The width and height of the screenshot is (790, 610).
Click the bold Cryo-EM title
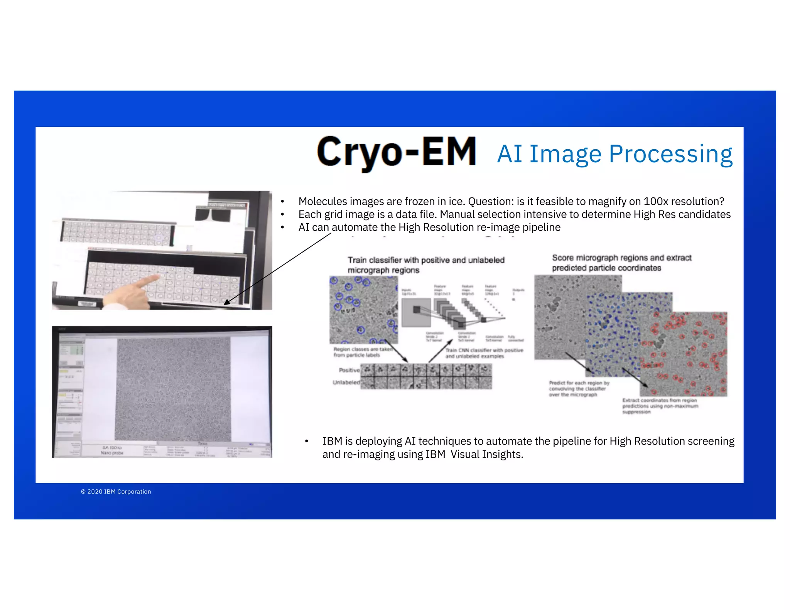[x=396, y=152]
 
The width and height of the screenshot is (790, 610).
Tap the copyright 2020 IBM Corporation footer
[x=116, y=492]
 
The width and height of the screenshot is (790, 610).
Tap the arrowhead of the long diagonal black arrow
[x=227, y=302]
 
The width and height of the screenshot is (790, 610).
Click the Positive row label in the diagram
[x=349, y=370]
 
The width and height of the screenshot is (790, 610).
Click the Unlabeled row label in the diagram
[x=346, y=383]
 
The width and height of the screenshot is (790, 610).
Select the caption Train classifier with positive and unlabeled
[x=426, y=260]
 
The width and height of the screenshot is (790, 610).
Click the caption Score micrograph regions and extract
[x=621, y=258]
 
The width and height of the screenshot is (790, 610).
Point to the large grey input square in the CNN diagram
[x=416, y=312]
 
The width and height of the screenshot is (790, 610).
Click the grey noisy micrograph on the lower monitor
[x=174, y=389]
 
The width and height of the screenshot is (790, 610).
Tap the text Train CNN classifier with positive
[x=484, y=350]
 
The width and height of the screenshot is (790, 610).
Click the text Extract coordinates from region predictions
[x=660, y=403]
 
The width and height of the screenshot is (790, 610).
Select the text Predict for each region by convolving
[x=579, y=386]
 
